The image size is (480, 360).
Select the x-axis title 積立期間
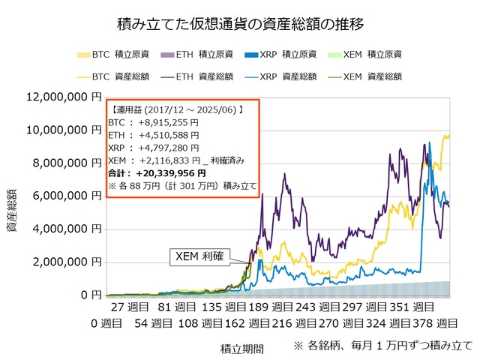pos(241,347)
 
